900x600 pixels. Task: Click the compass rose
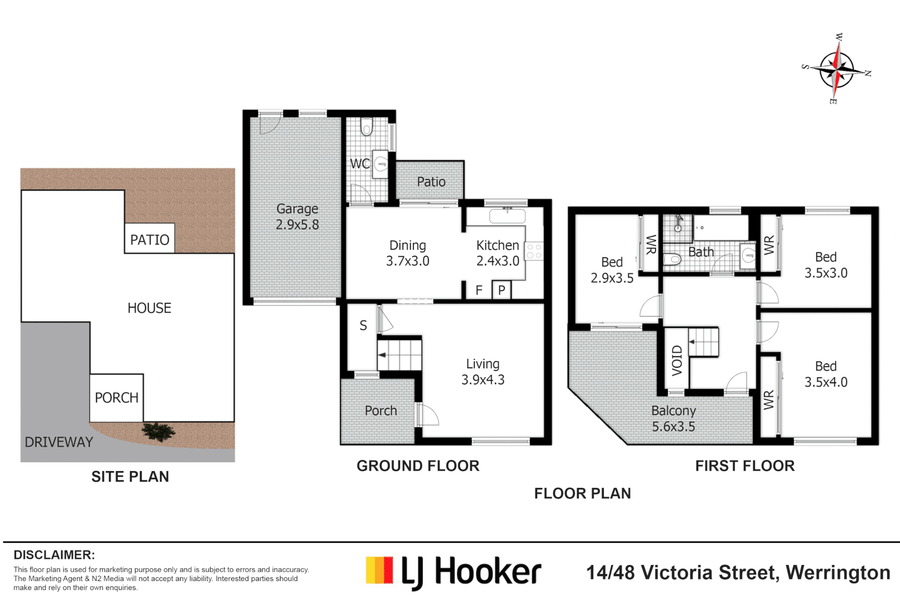coord(837,71)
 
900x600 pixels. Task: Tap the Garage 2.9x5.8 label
coord(297,217)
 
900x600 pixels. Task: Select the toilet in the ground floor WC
coord(367,126)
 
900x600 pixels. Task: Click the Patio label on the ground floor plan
coord(431,182)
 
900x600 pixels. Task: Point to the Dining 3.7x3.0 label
coord(408,253)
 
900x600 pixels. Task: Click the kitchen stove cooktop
coord(534,251)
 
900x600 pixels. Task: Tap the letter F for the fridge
coord(479,290)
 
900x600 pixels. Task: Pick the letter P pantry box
coord(502,290)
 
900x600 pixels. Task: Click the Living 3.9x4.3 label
coord(483,372)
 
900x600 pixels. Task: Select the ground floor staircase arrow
coord(382,355)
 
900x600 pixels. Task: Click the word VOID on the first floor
coord(677,361)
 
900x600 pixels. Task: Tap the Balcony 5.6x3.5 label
coord(673,418)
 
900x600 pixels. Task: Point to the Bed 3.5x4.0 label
coord(826,374)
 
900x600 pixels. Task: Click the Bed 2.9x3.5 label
coord(612,270)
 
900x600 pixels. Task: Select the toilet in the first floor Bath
coord(671,259)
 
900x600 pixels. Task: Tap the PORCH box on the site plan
coord(117,398)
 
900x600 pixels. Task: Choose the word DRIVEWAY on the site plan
coord(59,442)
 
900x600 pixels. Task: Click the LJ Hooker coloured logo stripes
coord(379,570)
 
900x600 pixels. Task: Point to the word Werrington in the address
coord(838,573)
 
